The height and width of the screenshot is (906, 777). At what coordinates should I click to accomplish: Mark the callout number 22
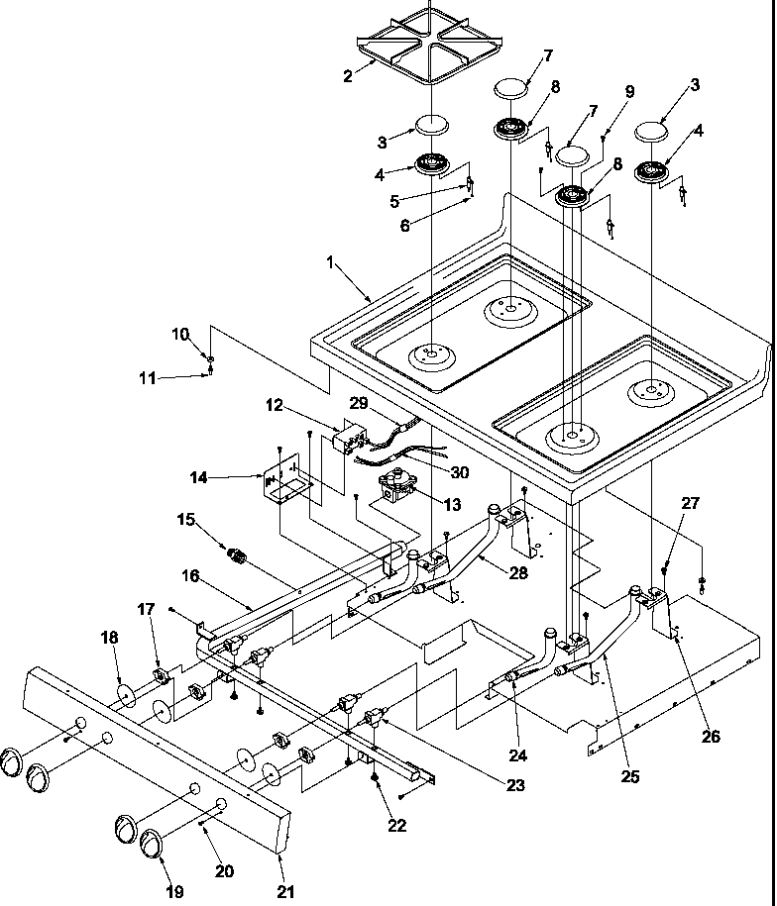click(396, 826)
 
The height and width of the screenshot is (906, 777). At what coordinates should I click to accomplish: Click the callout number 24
click(519, 755)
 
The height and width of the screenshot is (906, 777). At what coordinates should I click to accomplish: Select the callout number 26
click(712, 736)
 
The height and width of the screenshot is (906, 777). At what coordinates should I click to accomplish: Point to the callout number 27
click(690, 503)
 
